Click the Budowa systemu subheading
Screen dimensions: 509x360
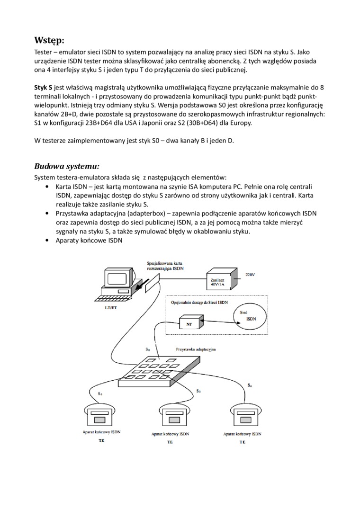67,166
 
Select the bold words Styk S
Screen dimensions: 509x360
43,88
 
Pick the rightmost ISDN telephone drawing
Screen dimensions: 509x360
243,414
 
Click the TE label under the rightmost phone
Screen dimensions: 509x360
243,442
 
